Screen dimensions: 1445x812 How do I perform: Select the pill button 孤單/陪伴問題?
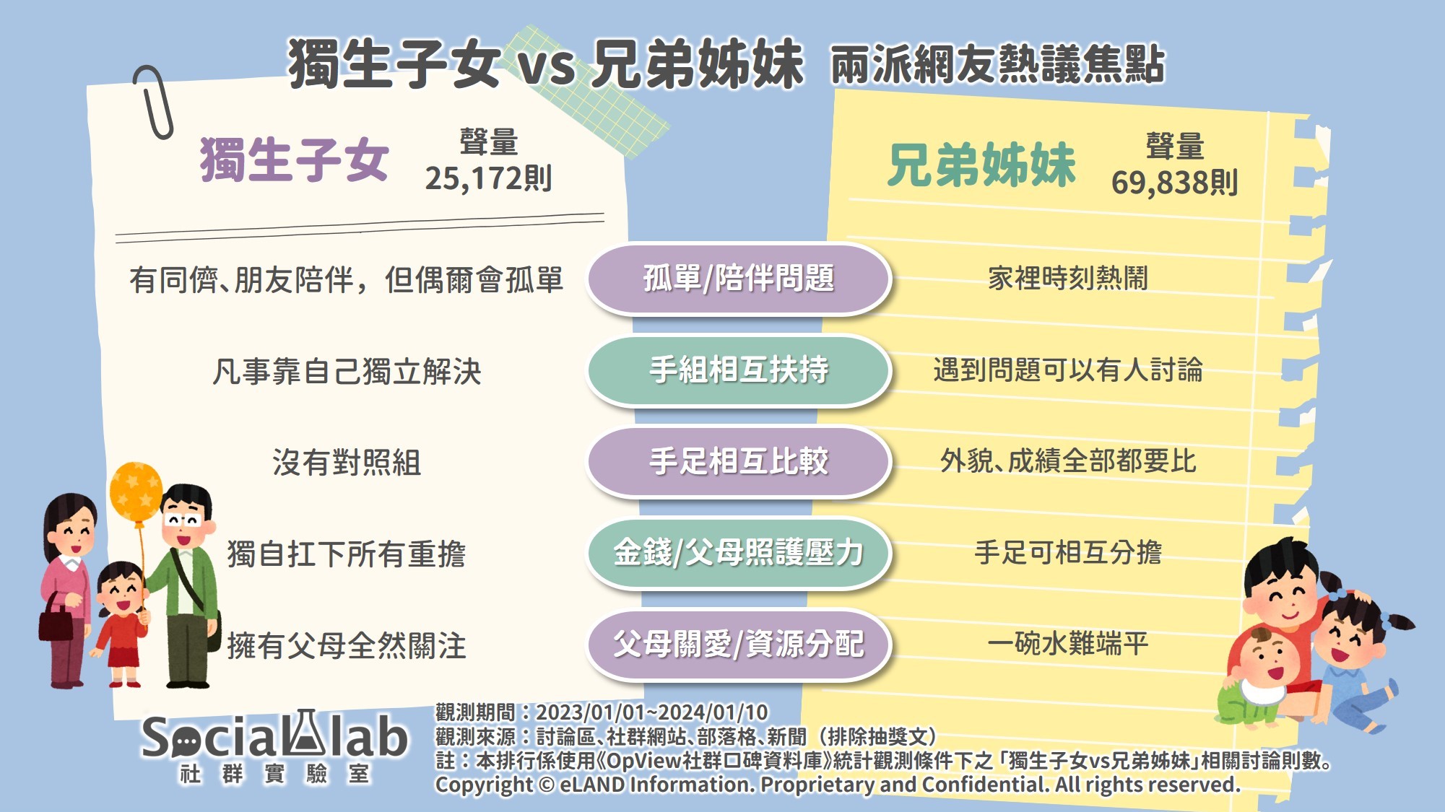pyautogui.click(x=739, y=279)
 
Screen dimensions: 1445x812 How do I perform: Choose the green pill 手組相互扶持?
pyautogui.click(x=739, y=370)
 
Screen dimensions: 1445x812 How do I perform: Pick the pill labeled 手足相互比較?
pyautogui.click(x=739, y=462)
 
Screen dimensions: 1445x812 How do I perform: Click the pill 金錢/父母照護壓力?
pyautogui.click(x=739, y=553)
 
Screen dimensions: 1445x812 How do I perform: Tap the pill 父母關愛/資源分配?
pyautogui.click(x=739, y=645)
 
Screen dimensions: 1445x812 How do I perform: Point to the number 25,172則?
pyautogui.click(x=488, y=178)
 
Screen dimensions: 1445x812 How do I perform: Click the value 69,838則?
pyautogui.click(x=1175, y=183)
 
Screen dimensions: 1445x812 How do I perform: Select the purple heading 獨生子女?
pyautogui.click(x=295, y=160)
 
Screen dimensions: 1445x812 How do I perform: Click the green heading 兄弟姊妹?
pyautogui.click(x=982, y=165)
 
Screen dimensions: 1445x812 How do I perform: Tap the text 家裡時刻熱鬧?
pyautogui.click(x=1068, y=278)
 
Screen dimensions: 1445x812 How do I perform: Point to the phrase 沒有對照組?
pyautogui.click(x=347, y=463)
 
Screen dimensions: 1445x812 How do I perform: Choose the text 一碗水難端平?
pyautogui.click(x=1068, y=643)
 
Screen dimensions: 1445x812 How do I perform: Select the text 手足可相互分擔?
pyautogui.click(x=1068, y=552)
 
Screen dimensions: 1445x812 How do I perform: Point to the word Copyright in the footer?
pyautogui.click(x=483, y=785)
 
